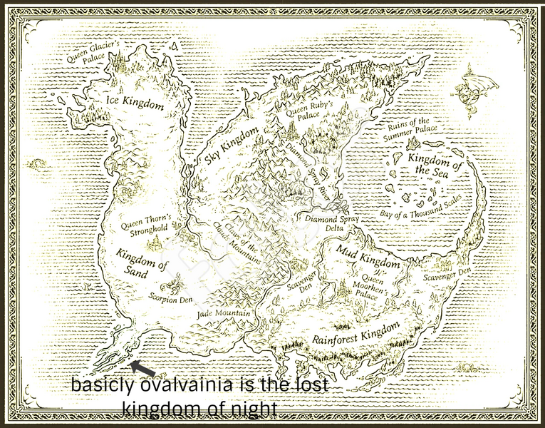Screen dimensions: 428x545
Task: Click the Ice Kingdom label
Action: point(135,102)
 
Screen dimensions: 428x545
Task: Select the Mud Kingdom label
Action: point(368,257)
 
